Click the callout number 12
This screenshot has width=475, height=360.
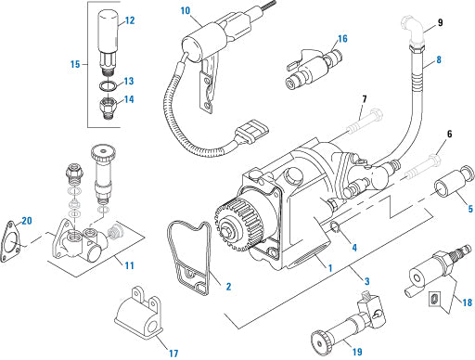(x=130, y=20)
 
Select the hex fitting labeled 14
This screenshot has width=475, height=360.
(x=108, y=109)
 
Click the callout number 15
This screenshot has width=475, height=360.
(x=75, y=64)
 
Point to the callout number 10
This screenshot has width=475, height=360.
(x=186, y=11)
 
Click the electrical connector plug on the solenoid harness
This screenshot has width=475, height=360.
(x=251, y=132)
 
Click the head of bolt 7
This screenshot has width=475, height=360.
(x=375, y=115)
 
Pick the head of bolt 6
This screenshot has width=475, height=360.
(x=434, y=160)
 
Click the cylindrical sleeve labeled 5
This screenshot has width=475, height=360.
(x=454, y=183)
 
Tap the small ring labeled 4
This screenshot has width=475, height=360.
(x=335, y=228)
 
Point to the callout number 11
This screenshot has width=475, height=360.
(x=129, y=265)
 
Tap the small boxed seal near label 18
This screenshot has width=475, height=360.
(x=434, y=299)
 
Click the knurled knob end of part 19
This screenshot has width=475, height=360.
(x=320, y=343)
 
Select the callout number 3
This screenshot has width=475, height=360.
(x=366, y=281)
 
